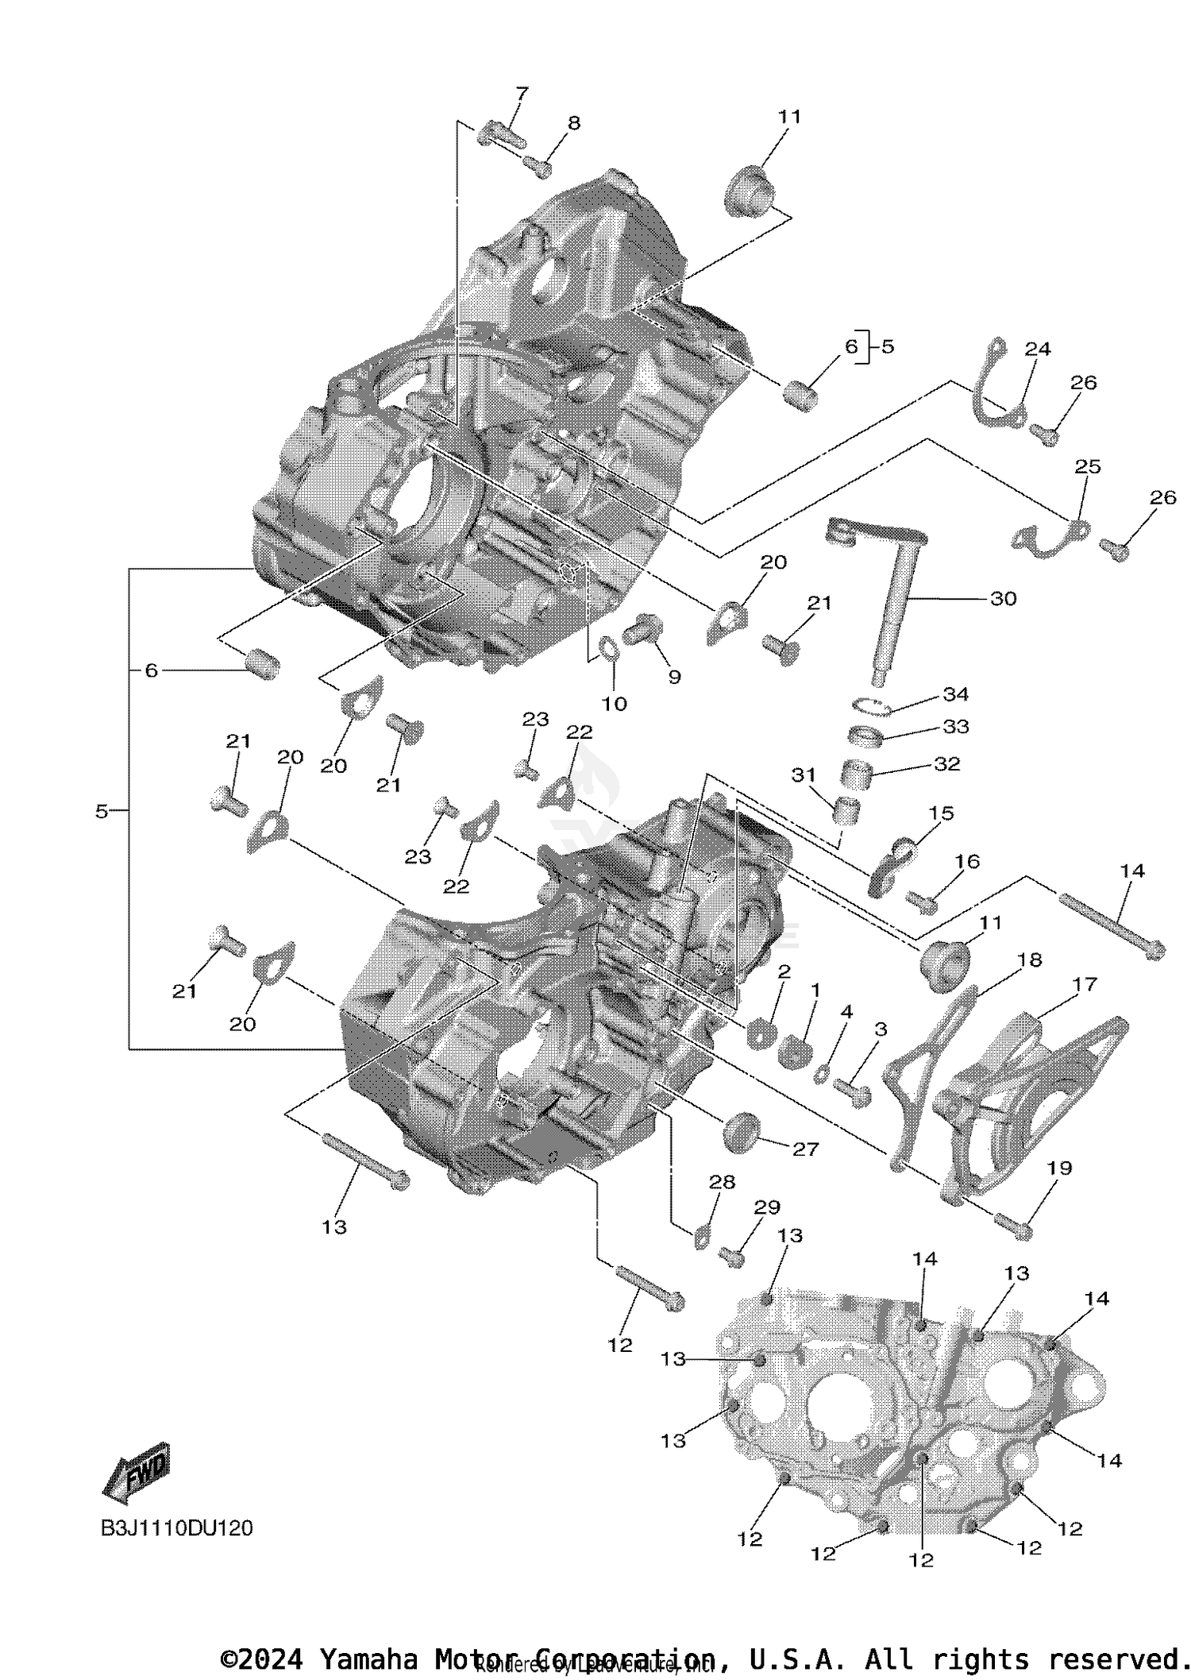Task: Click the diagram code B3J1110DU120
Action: [x=176, y=1528]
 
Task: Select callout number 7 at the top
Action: [x=521, y=95]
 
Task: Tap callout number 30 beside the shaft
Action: [x=1004, y=598]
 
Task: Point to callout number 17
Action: [x=1084, y=984]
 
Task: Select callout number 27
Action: [x=805, y=1149]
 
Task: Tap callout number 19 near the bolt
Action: [x=1059, y=1168]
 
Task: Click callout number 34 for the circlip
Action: [x=956, y=694]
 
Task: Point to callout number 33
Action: [x=956, y=727]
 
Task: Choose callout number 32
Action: [x=947, y=763]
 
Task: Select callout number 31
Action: [x=804, y=774]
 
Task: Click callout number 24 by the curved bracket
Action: [x=1037, y=349]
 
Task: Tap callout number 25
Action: [x=1088, y=466]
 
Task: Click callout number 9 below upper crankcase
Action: [x=674, y=677]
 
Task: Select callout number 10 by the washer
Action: [x=614, y=703]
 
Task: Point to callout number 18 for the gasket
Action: [x=1029, y=960]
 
